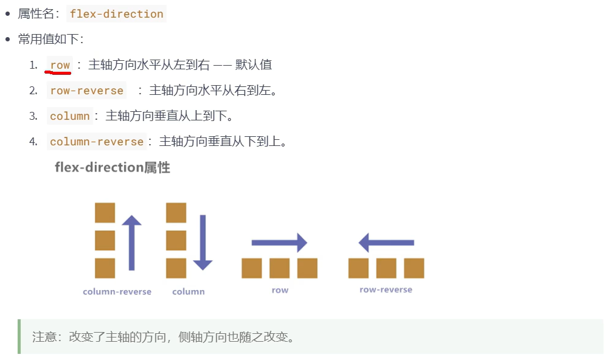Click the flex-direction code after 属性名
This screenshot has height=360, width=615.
116,14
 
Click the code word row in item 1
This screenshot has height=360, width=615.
60,65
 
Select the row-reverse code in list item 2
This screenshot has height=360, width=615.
86,91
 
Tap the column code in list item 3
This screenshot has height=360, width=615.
69,116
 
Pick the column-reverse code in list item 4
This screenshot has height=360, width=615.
96,142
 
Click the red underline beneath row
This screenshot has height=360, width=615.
58,72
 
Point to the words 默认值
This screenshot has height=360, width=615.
254,65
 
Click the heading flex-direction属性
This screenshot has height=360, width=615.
113,167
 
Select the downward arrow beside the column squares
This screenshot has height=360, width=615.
203,242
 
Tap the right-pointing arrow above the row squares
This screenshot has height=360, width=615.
279,243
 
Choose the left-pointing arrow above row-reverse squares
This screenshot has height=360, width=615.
386,243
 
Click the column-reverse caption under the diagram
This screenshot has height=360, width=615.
117,292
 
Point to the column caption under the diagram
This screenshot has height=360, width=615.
188,292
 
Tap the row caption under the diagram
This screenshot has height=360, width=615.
280,291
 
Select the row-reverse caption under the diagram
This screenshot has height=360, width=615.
386,290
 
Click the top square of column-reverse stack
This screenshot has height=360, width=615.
105,213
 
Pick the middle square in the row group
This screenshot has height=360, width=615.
279,268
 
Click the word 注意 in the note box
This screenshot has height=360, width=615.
44,337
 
